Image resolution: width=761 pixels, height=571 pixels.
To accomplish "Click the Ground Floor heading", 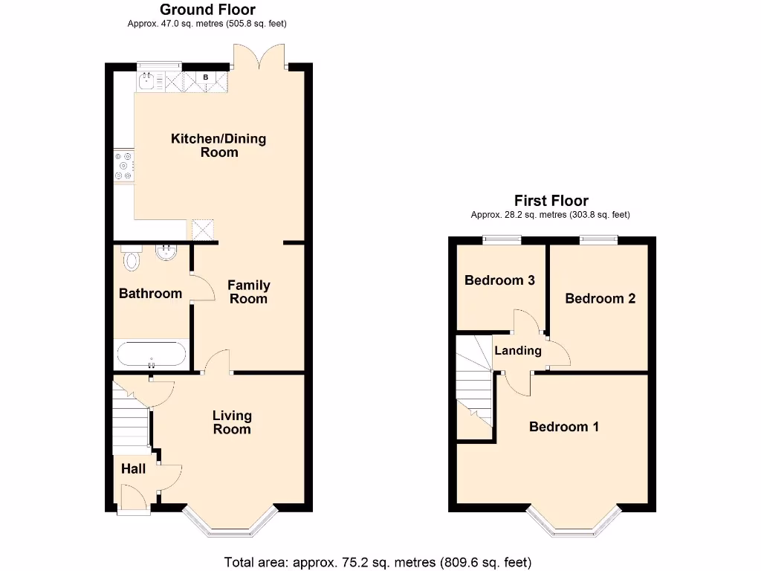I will (x=207, y=10).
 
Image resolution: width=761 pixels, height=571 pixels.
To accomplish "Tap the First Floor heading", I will (x=551, y=201).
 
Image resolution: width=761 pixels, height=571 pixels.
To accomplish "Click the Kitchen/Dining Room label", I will (x=218, y=145).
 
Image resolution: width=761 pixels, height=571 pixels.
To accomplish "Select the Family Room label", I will (x=248, y=291).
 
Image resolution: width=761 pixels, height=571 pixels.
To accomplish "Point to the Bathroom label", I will (x=150, y=294).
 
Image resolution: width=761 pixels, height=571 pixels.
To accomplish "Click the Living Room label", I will (x=232, y=422).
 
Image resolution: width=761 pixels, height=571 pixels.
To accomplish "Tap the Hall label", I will (x=134, y=469).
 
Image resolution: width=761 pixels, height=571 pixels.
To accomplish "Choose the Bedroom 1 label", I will (x=563, y=427).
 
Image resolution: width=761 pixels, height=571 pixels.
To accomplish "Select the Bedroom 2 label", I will (x=600, y=299).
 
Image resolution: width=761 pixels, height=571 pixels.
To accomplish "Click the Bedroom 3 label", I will (x=499, y=280).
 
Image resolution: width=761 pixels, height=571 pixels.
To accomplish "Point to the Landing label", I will (x=518, y=350).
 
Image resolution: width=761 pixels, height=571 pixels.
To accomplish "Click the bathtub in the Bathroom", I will (x=152, y=355).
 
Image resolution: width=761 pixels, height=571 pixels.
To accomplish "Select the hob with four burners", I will (x=123, y=167).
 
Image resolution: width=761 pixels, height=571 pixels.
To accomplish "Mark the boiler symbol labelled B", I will (x=206, y=77).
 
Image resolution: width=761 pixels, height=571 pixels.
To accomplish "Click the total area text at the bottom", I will (x=378, y=562).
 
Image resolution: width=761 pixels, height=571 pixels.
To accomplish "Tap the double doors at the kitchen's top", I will (x=259, y=57).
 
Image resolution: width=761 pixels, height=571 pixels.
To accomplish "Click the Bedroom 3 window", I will (x=501, y=239).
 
